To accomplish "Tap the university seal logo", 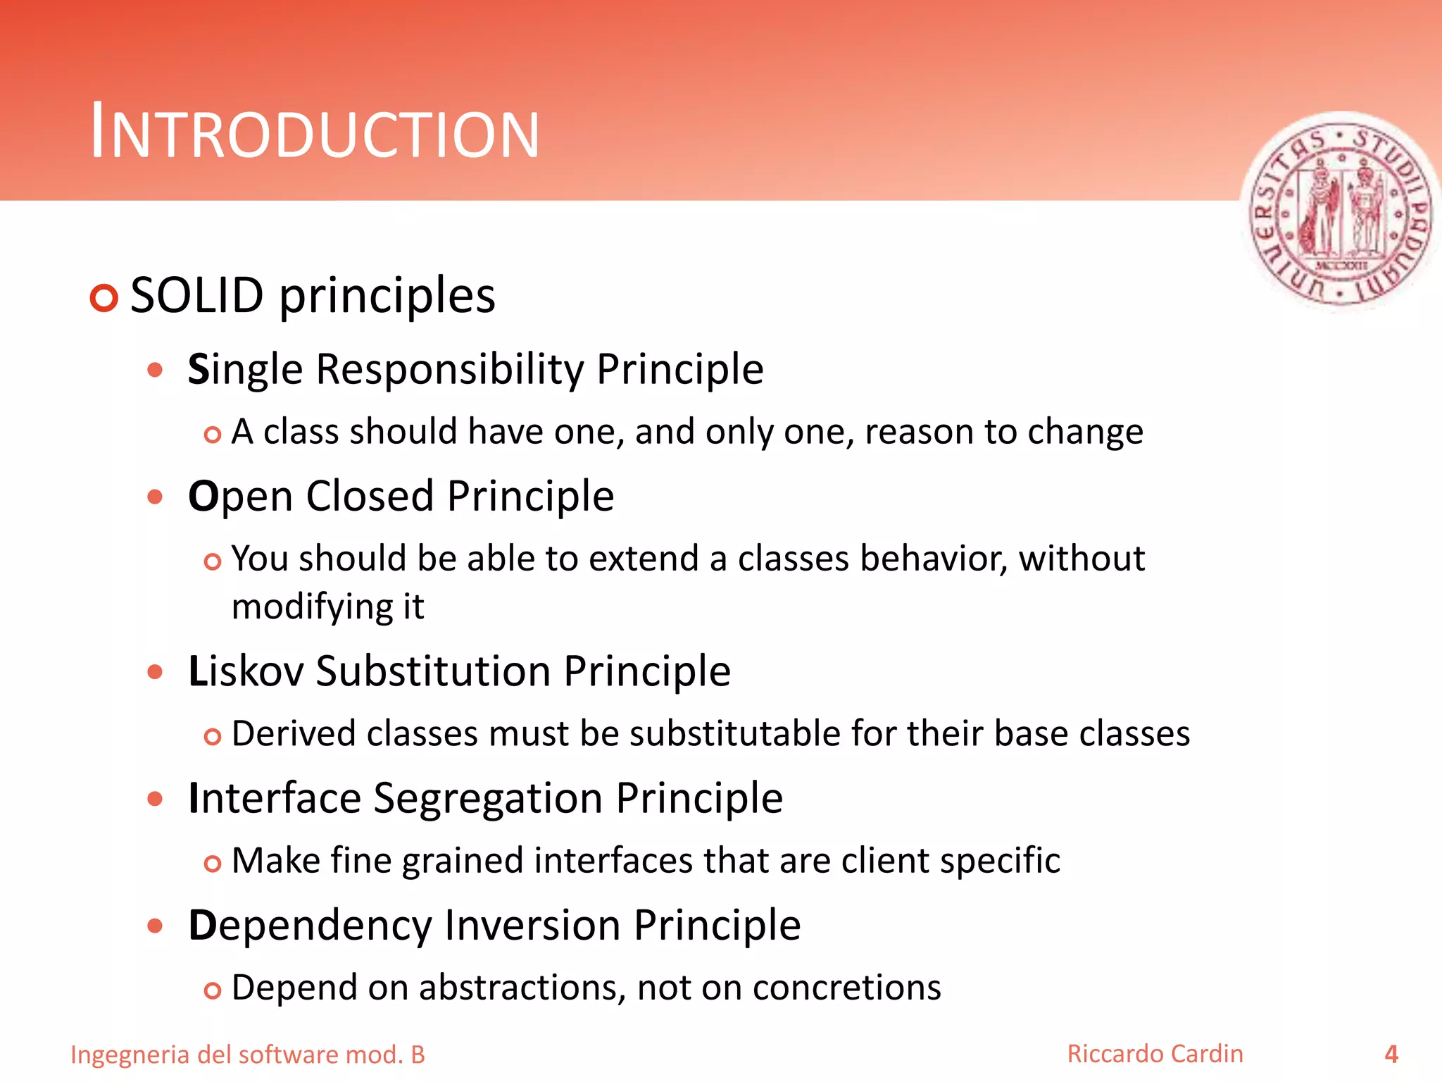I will [x=1341, y=213].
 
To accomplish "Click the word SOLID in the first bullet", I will [x=196, y=296].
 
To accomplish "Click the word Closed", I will [x=370, y=497].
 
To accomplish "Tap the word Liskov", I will [x=246, y=671].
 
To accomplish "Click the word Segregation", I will [x=487, y=799].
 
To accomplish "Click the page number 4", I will [x=1391, y=1054].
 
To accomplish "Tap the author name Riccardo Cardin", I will [x=1155, y=1054].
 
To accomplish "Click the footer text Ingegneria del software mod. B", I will [x=248, y=1055].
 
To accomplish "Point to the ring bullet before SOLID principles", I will [x=104, y=298].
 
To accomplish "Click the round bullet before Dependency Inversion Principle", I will [x=155, y=926].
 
